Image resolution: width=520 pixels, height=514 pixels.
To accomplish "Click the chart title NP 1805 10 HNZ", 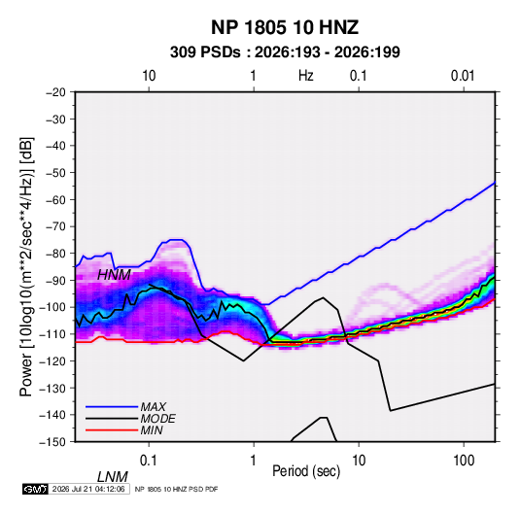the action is tap(285, 27).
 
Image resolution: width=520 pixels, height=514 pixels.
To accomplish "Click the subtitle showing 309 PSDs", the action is tap(285, 52).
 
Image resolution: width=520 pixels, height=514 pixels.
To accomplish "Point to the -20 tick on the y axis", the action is tap(55, 92).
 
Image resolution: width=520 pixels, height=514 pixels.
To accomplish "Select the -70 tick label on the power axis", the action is tap(55, 226).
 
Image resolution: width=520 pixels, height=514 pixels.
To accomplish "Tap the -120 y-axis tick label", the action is tap(52, 361).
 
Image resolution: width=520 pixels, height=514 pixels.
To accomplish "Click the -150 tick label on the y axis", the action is tap(52, 442).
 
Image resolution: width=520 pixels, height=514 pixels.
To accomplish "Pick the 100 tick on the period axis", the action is tap(464, 461).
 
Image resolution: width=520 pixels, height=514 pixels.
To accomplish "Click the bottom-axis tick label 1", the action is tap(254, 461).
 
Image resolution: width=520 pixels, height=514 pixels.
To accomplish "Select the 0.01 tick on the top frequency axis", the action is tap(463, 76).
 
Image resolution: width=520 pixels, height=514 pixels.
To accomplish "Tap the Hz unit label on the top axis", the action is tap(306, 76).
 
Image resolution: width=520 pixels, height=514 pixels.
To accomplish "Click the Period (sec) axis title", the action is tap(306, 471).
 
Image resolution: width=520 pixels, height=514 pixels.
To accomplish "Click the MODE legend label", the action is tap(157, 419).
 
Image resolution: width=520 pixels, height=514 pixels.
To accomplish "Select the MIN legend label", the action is tap(152, 430).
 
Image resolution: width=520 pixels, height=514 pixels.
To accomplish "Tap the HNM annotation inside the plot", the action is tap(114, 275).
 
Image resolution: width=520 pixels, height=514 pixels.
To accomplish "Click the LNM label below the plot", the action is tap(112, 477).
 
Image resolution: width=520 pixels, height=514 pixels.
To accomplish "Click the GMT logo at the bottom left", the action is tap(35, 489).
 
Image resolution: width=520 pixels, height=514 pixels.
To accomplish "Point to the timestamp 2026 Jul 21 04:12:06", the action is tap(88, 489).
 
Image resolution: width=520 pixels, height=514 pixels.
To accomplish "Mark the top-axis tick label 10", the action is tap(149, 76).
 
